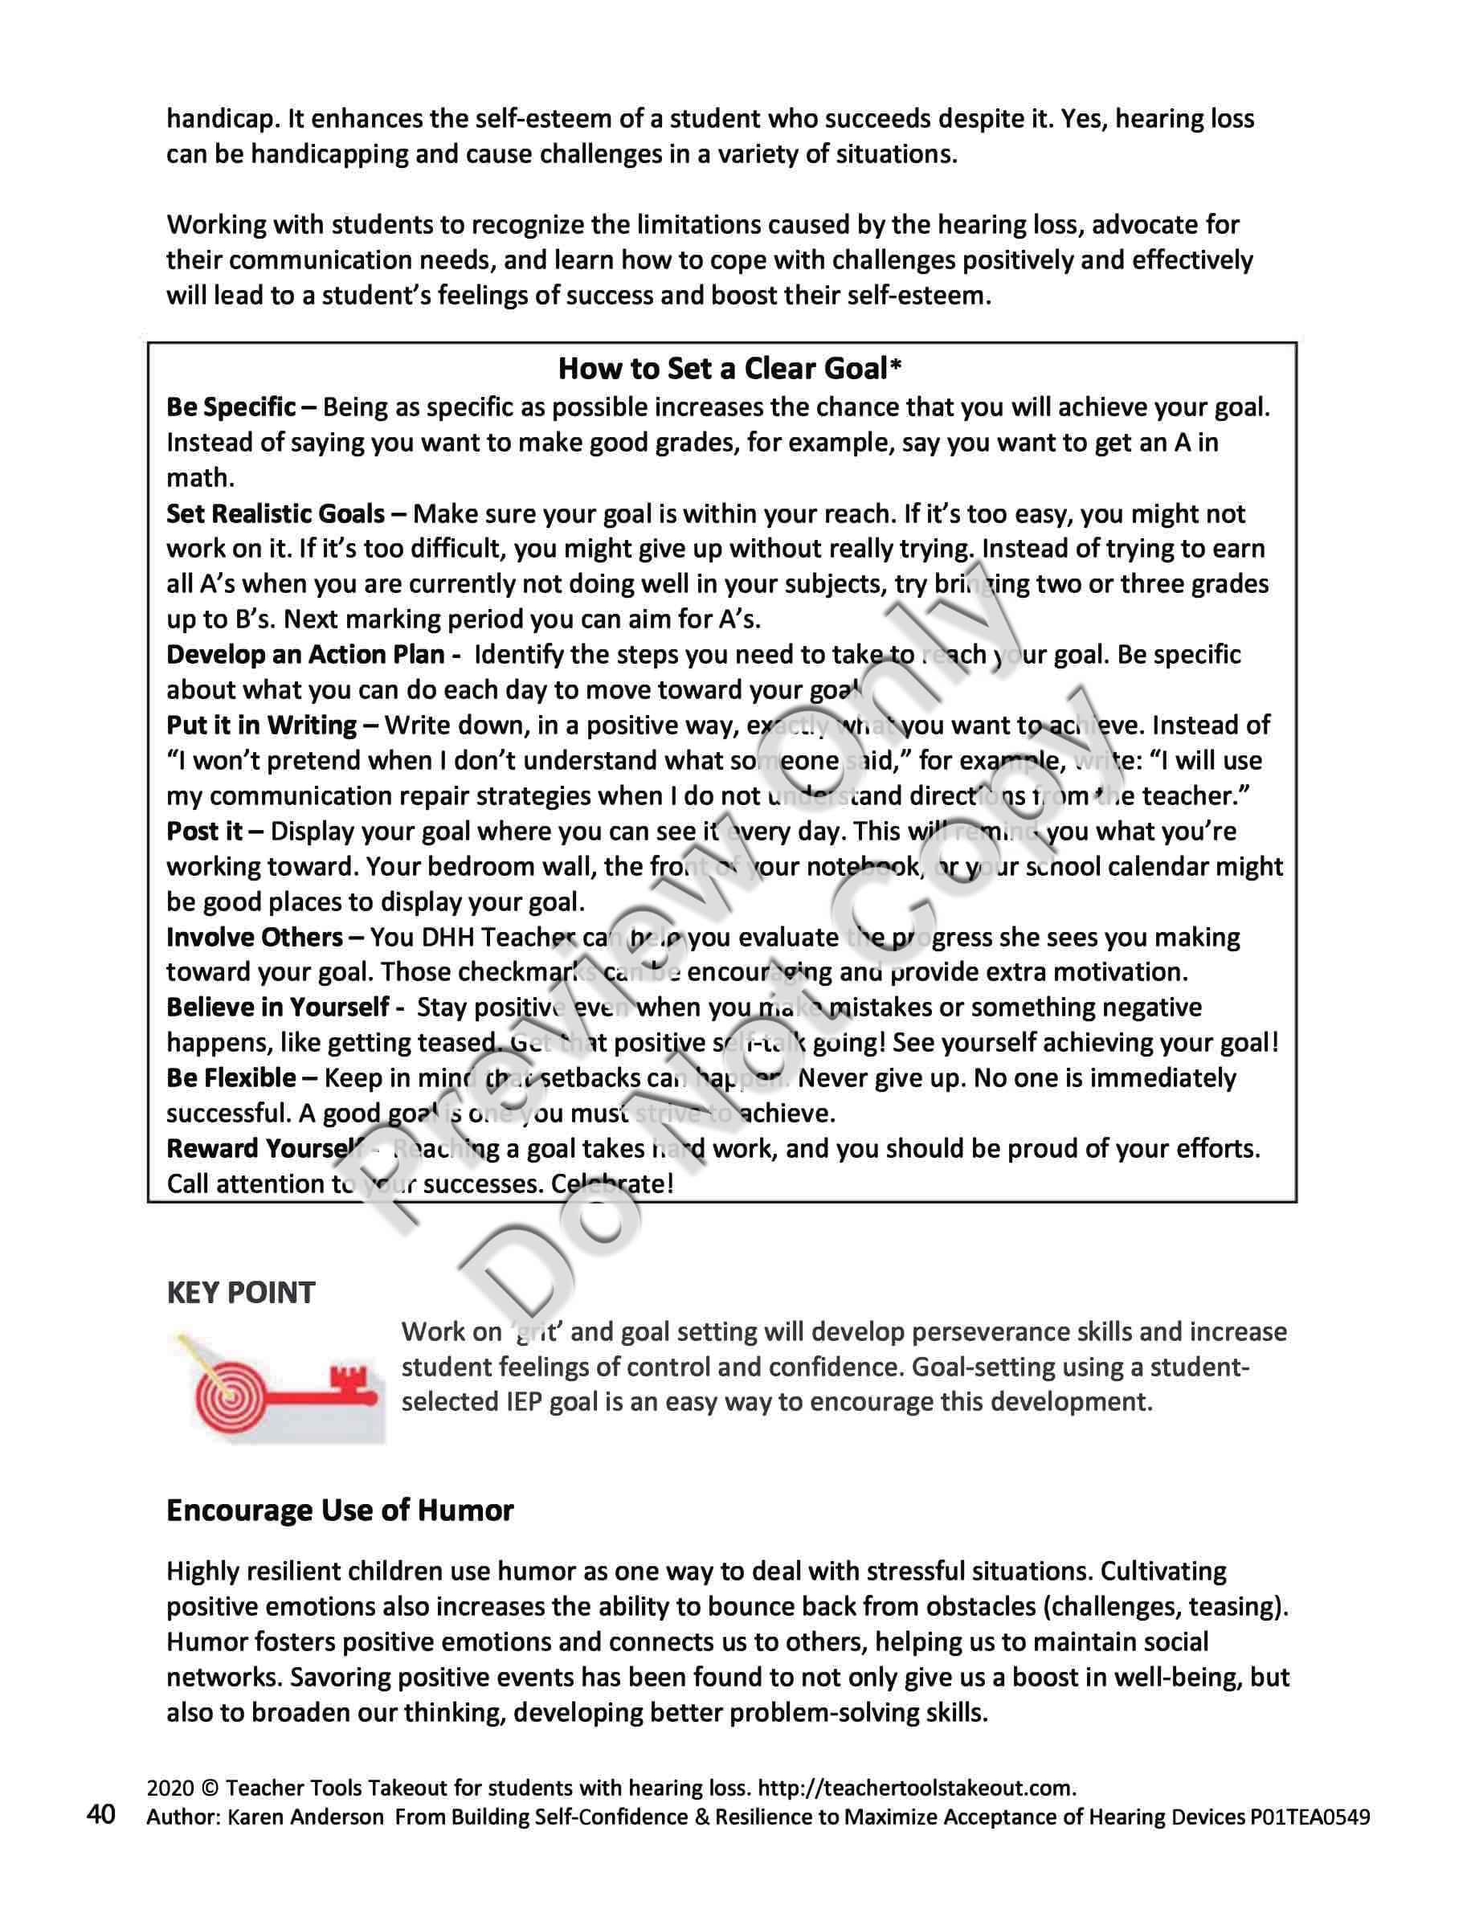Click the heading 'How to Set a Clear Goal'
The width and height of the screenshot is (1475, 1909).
(723, 369)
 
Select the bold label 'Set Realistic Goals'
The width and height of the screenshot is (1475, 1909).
(276, 513)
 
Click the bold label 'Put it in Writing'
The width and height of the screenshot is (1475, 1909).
(261, 726)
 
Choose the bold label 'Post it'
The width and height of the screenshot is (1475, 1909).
(205, 832)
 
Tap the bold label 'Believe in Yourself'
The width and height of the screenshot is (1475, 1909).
(277, 1007)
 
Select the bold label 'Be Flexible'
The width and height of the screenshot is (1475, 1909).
(231, 1077)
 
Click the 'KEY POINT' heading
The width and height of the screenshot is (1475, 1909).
(240, 1293)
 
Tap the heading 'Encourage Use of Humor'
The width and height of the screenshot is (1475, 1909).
(340, 1510)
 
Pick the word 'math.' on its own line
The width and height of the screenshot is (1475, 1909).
(200, 478)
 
